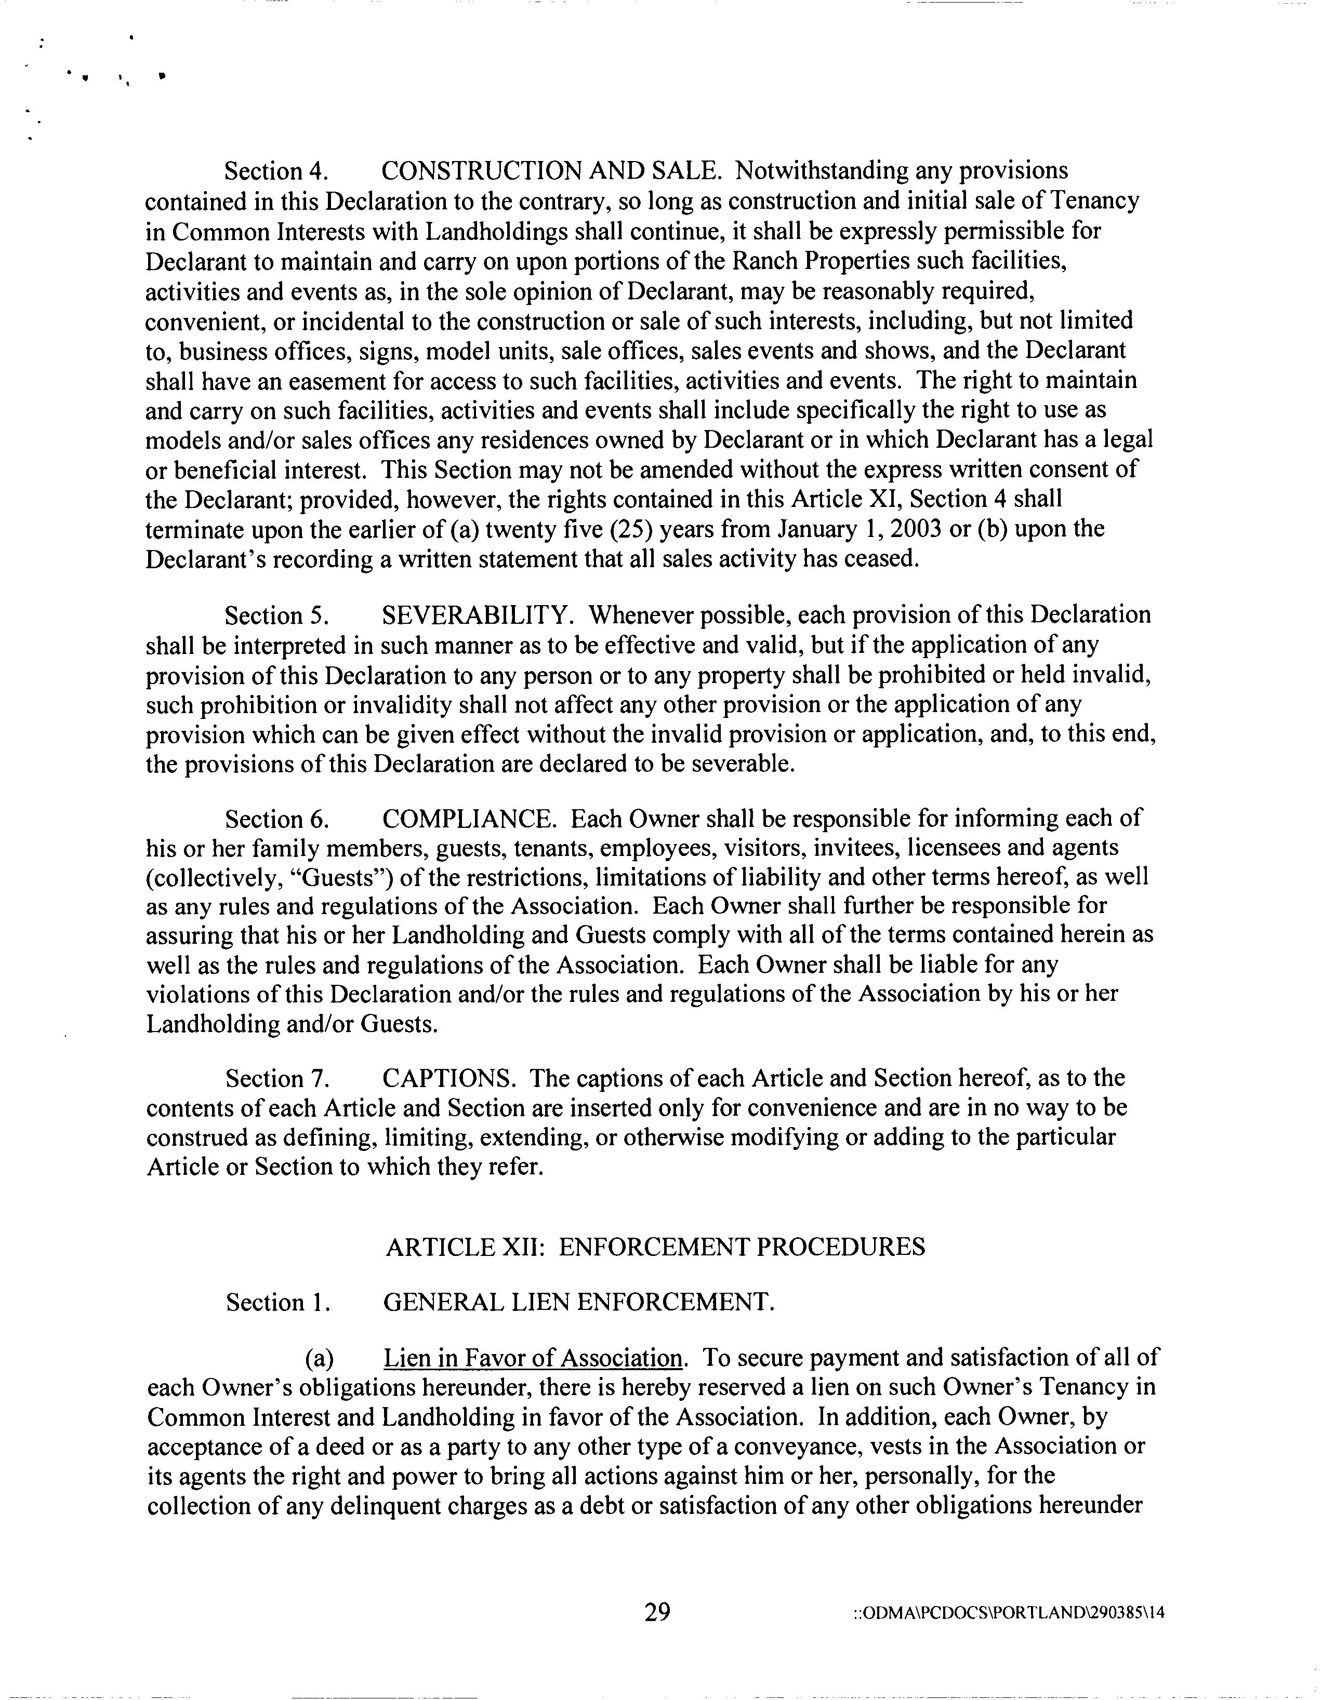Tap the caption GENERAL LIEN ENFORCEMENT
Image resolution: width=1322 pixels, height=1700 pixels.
(578, 1302)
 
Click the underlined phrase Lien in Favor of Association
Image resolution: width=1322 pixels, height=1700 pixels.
(533, 1358)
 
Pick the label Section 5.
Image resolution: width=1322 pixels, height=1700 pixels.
(275, 615)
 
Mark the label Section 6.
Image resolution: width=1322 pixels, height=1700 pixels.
(275, 820)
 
